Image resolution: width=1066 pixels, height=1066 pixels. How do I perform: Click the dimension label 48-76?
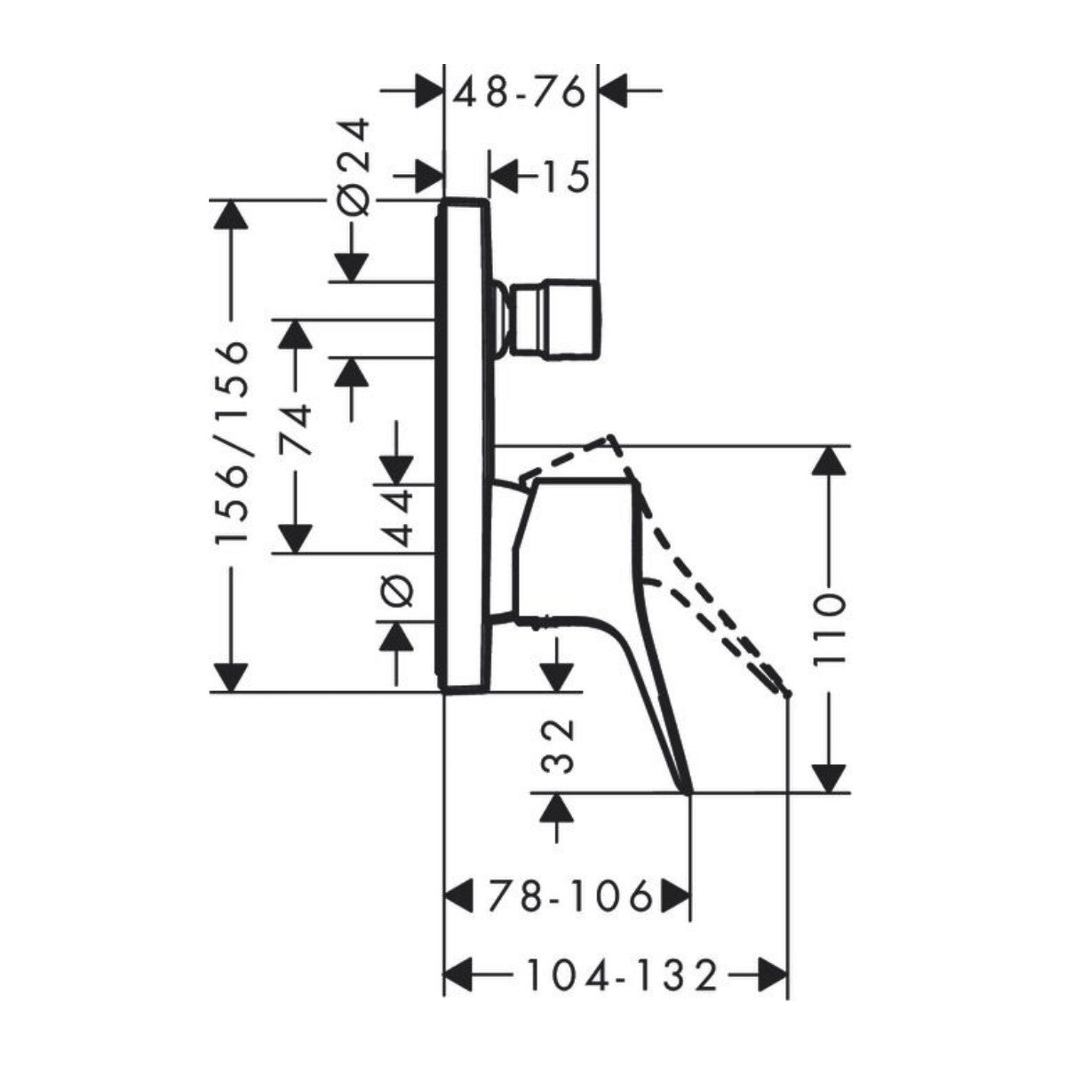coord(520,91)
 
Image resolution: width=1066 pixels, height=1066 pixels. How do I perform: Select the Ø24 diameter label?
coord(354,165)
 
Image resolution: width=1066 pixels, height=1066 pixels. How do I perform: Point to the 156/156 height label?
coord(232,442)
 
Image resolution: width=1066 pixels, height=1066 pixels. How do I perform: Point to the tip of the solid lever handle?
coord(688,790)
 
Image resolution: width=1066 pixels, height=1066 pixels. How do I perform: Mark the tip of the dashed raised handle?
coord(785,693)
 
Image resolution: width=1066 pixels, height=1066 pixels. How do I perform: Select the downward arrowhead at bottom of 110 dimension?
coord(830,778)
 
